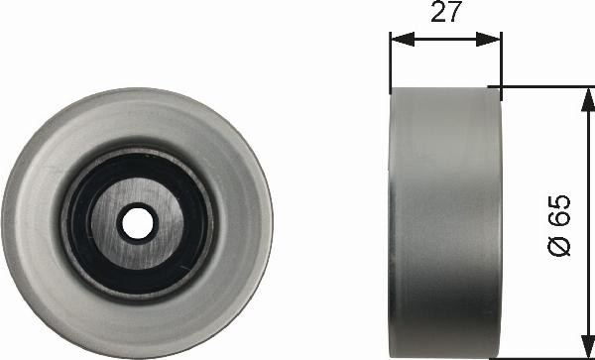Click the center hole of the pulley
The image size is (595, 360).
(x=138, y=223)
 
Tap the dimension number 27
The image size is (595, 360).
(x=446, y=11)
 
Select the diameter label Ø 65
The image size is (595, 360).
(x=559, y=225)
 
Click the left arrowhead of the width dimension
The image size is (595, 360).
(x=403, y=39)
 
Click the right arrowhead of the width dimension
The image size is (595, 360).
(x=489, y=39)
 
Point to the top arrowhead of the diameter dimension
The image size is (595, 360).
(x=588, y=99)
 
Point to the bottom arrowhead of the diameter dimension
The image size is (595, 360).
(x=588, y=346)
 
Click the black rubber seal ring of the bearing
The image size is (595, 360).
(x=77, y=224)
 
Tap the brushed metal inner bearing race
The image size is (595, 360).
(x=102, y=224)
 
